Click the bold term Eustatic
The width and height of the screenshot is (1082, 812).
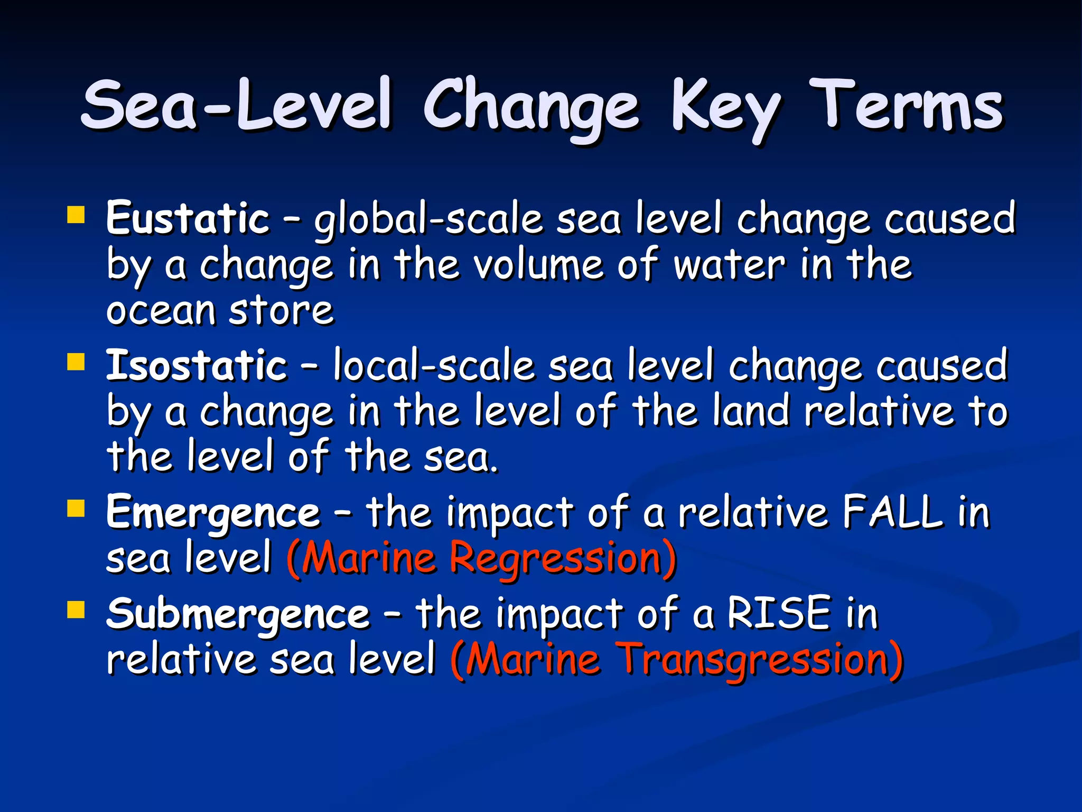tap(188, 218)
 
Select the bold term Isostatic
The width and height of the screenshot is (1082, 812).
tap(197, 365)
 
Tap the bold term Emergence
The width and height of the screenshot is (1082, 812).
tap(213, 513)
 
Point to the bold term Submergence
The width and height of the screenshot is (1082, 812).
tap(238, 614)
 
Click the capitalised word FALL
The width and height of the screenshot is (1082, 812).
tap(892, 512)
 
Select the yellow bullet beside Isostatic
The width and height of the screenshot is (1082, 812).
tap(76, 363)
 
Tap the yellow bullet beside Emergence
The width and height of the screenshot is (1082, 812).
tap(76, 509)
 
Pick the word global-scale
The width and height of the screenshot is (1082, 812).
tap(428, 219)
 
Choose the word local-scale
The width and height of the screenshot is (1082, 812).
tap(434, 366)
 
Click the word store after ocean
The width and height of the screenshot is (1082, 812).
tap(281, 310)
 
